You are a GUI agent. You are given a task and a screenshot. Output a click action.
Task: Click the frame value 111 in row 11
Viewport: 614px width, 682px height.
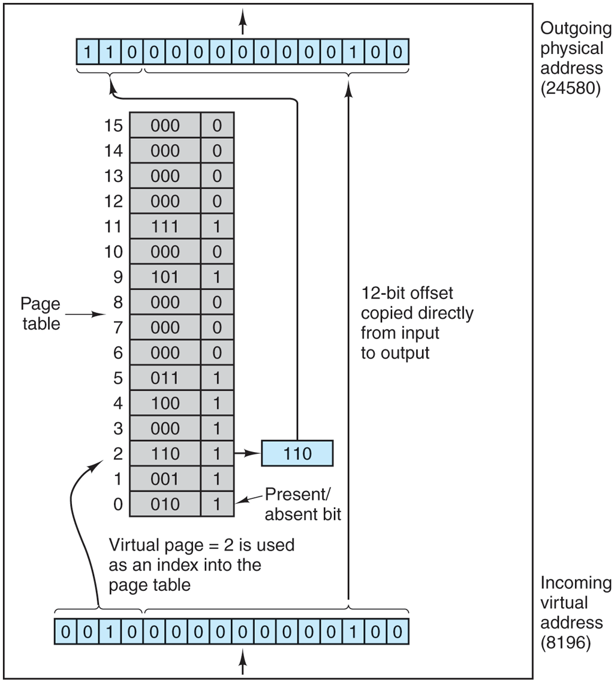tap(165, 227)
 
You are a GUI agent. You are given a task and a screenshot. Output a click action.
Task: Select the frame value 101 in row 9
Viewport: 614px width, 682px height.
tap(165, 277)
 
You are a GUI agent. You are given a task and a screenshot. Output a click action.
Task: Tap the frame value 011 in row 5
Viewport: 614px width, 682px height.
tap(165, 378)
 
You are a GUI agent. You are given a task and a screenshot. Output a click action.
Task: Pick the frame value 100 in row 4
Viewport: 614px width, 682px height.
tap(165, 403)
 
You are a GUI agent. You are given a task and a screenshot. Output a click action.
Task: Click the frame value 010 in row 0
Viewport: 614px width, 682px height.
tap(165, 504)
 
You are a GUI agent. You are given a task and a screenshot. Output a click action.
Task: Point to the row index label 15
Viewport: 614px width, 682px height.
tap(113, 126)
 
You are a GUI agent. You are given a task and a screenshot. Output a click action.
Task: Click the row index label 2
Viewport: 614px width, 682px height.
tap(118, 454)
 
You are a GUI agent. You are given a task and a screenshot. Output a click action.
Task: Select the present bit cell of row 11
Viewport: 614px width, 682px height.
tap(217, 227)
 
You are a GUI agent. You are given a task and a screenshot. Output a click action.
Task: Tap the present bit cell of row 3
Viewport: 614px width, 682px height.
tap(217, 429)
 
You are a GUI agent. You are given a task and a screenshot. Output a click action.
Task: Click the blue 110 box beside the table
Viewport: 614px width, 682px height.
tap(297, 453)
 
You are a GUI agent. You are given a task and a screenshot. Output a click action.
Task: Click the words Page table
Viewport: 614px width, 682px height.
tap(41, 314)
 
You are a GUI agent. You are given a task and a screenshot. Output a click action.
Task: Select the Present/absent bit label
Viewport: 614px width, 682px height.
tap(302, 504)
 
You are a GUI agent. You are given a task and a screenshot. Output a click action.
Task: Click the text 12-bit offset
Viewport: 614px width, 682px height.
tap(407, 294)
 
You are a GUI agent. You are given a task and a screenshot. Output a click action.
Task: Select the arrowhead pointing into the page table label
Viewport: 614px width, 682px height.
tap(103, 314)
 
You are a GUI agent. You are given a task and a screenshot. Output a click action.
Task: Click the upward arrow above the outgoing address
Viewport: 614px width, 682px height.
tap(243, 25)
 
